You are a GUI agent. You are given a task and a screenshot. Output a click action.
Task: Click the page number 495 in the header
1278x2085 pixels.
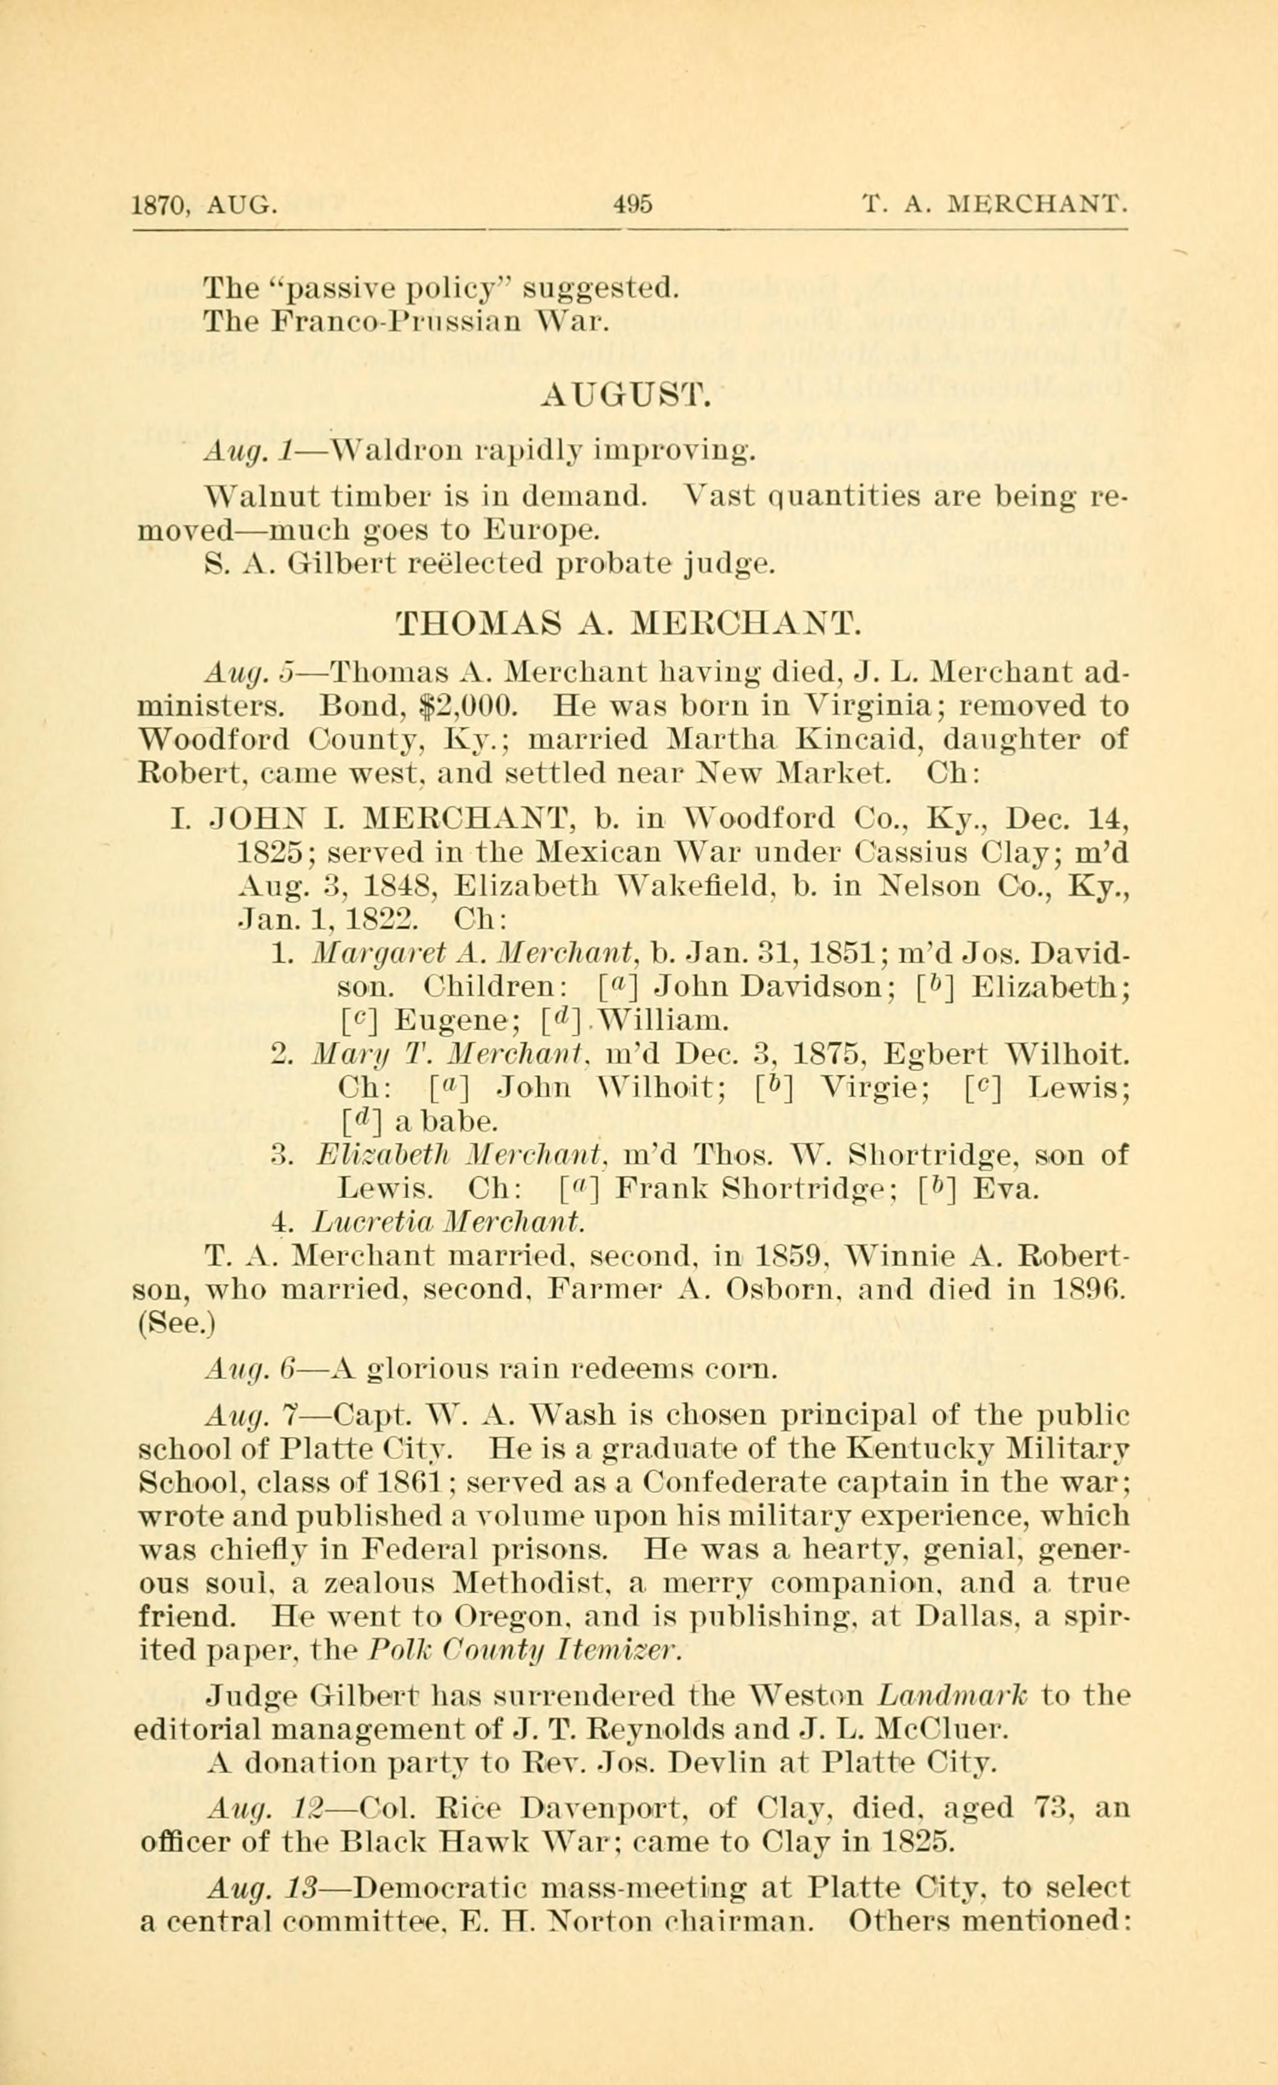[x=634, y=205]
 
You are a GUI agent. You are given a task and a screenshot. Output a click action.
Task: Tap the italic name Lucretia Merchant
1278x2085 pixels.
[x=448, y=1222]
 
